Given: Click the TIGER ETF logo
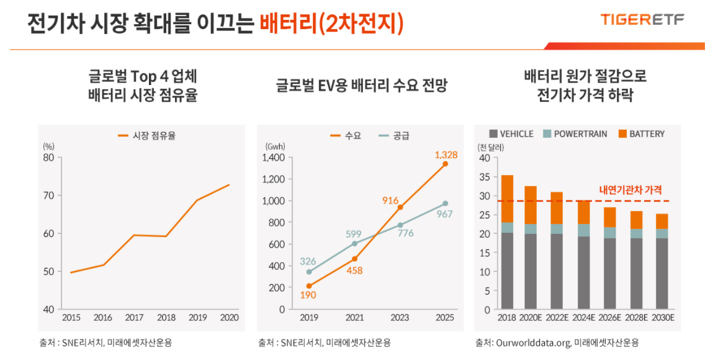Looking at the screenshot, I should click(x=642, y=20).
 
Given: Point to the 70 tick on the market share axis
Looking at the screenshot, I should click(x=48, y=196).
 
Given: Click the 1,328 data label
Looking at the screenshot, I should click(x=446, y=155).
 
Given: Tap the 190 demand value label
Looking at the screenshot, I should click(x=308, y=295).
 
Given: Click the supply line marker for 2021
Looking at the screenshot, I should click(x=354, y=243).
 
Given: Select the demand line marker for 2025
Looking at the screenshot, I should click(x=445, y=164).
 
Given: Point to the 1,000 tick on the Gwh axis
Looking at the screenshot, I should click(x=273, y=201).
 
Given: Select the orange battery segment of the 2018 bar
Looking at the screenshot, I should click(x=507, y=199).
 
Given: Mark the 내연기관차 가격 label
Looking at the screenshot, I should click(x=630, y=190).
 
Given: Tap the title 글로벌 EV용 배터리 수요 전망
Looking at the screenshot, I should click(x=361, y=86).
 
